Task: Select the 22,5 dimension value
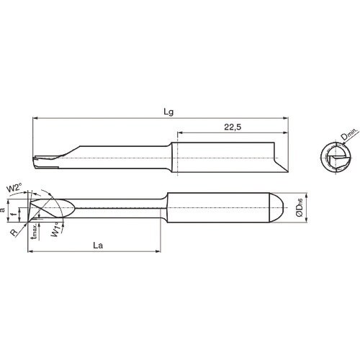tap(232, 127)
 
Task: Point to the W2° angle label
tap(13, 188)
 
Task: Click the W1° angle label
tap(56, 232)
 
